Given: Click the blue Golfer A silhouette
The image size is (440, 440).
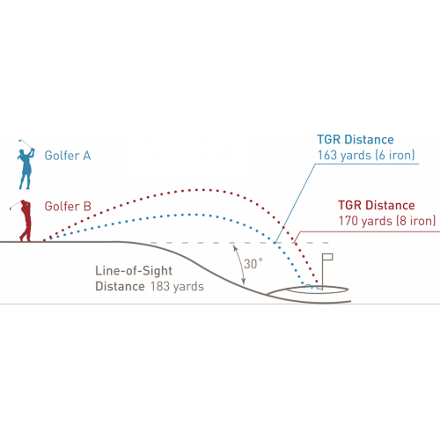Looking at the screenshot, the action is [x=26, y=169].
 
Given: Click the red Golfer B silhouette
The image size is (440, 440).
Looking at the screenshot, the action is [x=26, y=221].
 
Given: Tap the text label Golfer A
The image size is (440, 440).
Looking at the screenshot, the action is [x=68, y=156].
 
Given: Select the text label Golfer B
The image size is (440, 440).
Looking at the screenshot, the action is [x=68, y=206].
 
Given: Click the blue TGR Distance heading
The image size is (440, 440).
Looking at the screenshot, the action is [x=356, y=140].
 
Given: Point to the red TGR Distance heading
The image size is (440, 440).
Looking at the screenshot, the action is [x=377, y=205].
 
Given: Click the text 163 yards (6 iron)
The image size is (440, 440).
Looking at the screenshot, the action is [x=366, y=155].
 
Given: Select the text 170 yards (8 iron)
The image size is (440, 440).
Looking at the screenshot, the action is [x=387, y=221].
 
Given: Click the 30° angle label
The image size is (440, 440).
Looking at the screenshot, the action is [x=253, y=264].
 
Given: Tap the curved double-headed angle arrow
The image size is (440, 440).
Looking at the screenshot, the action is [x=240, y=265].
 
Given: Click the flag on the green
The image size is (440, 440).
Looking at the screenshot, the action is [x=327, y=257].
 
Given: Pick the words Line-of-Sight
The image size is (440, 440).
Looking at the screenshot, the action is [x=134, y=271].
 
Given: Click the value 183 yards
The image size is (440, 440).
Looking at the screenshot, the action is [x=177, y=286].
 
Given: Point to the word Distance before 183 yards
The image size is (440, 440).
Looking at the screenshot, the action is [x=120, y=286].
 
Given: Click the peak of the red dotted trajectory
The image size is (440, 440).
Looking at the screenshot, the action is [x=203, y=190].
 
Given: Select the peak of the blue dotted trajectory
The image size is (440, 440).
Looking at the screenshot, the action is [x=189, y=215].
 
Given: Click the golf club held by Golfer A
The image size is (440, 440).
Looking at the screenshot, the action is [x=26, y=143].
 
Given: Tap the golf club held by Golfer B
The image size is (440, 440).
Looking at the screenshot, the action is [x=16, y=205].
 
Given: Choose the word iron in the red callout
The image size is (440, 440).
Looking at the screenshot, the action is [x=421, y=221].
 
